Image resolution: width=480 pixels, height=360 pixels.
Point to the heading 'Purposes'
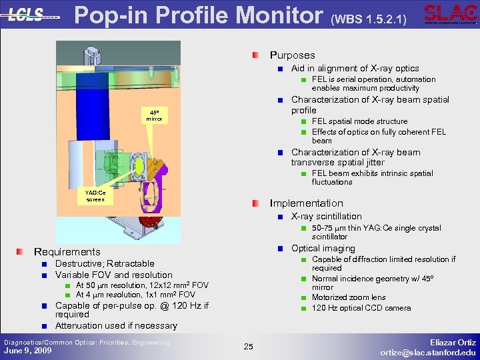click(x=292, y=55)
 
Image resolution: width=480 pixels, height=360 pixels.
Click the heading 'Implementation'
click(x=306, y=203)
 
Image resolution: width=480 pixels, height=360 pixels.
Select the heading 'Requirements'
click(x=67, y=251)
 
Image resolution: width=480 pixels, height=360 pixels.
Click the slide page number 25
click(x=249, y=346)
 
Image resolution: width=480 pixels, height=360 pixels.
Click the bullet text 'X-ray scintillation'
click(x=326, y=216)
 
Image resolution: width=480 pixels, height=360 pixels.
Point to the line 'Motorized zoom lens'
click(x=349, y=297)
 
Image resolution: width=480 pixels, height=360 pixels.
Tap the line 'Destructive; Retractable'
click(x=104, y=263)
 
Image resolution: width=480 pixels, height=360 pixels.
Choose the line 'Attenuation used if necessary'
click(x=116, y=325)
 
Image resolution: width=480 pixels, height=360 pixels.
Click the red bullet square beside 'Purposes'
click(x=257, y=55)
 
